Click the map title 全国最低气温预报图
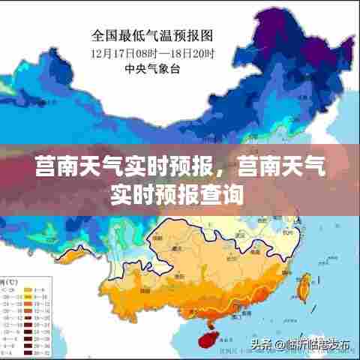(x=152, y=35)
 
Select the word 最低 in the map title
(x=131, y=35)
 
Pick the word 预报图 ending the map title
(x=193, y=35)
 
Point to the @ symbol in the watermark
(x=278, y=345)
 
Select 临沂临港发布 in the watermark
(x=316, y=345)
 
